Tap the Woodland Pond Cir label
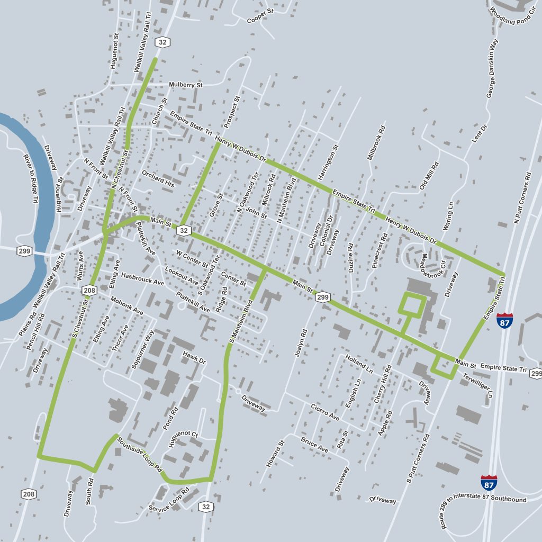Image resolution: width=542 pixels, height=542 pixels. pyautogui.click(x=512, y=12)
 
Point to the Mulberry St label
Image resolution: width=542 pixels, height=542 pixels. pyautogui.click(x=185, y=85)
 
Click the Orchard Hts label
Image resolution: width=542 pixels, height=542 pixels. pyautogui.click(x=158, y=179)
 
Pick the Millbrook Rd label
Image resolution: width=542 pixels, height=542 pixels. pyautogui.click(x=375, y=143)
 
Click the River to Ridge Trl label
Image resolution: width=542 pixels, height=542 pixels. pyautogui.click(x=31, y=178)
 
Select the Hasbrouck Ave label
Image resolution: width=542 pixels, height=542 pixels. pyautogui.click(x=142, y=279)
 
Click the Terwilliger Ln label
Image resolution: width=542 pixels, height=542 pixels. pyautogui.click(x=484, y=385)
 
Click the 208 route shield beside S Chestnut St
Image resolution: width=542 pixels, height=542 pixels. pyautogui.click(x=88, y=290)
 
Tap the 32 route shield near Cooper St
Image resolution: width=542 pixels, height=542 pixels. pyautogui.click(x=161, y=42)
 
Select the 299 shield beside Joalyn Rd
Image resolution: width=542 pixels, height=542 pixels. pyautogui.click(x=323, y=298)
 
